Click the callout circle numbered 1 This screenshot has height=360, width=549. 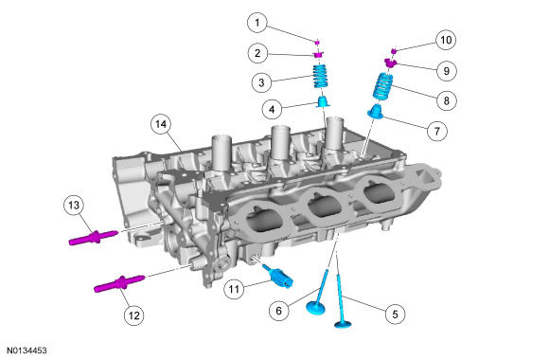coord(257,23)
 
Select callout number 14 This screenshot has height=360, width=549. coord(161,124)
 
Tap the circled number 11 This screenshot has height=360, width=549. coord(234,289)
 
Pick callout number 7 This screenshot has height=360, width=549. coord(436,131)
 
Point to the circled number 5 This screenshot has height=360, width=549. coord(395,314)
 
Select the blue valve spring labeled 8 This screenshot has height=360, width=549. coord(382,87)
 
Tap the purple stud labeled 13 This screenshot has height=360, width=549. coord(94,237)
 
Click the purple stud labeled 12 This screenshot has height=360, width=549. coord(119,283)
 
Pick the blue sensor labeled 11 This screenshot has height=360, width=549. coord(279,277)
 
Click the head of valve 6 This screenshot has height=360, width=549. coord(315,307)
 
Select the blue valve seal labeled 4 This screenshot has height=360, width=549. coord(324,101)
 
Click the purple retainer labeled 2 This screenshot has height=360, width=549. coord(318,55)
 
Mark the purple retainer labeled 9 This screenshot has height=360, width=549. coord(390,63)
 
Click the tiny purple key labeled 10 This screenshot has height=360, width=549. coord(394,51)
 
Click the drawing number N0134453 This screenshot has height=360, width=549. coord(27,351)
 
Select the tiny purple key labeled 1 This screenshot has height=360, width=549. coord(317,43)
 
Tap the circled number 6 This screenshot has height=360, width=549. coord(278,310)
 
